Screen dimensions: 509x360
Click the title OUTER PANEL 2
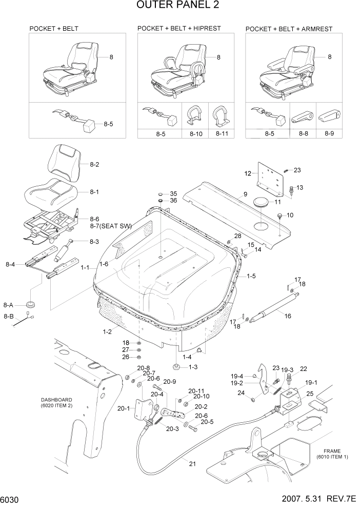179,6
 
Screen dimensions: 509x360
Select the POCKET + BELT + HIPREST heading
179,28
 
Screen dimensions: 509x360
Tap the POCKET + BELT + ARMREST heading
289,29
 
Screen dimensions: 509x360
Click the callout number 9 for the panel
246,194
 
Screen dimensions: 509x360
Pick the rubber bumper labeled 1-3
177,366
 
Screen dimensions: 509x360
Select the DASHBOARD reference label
57,402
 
